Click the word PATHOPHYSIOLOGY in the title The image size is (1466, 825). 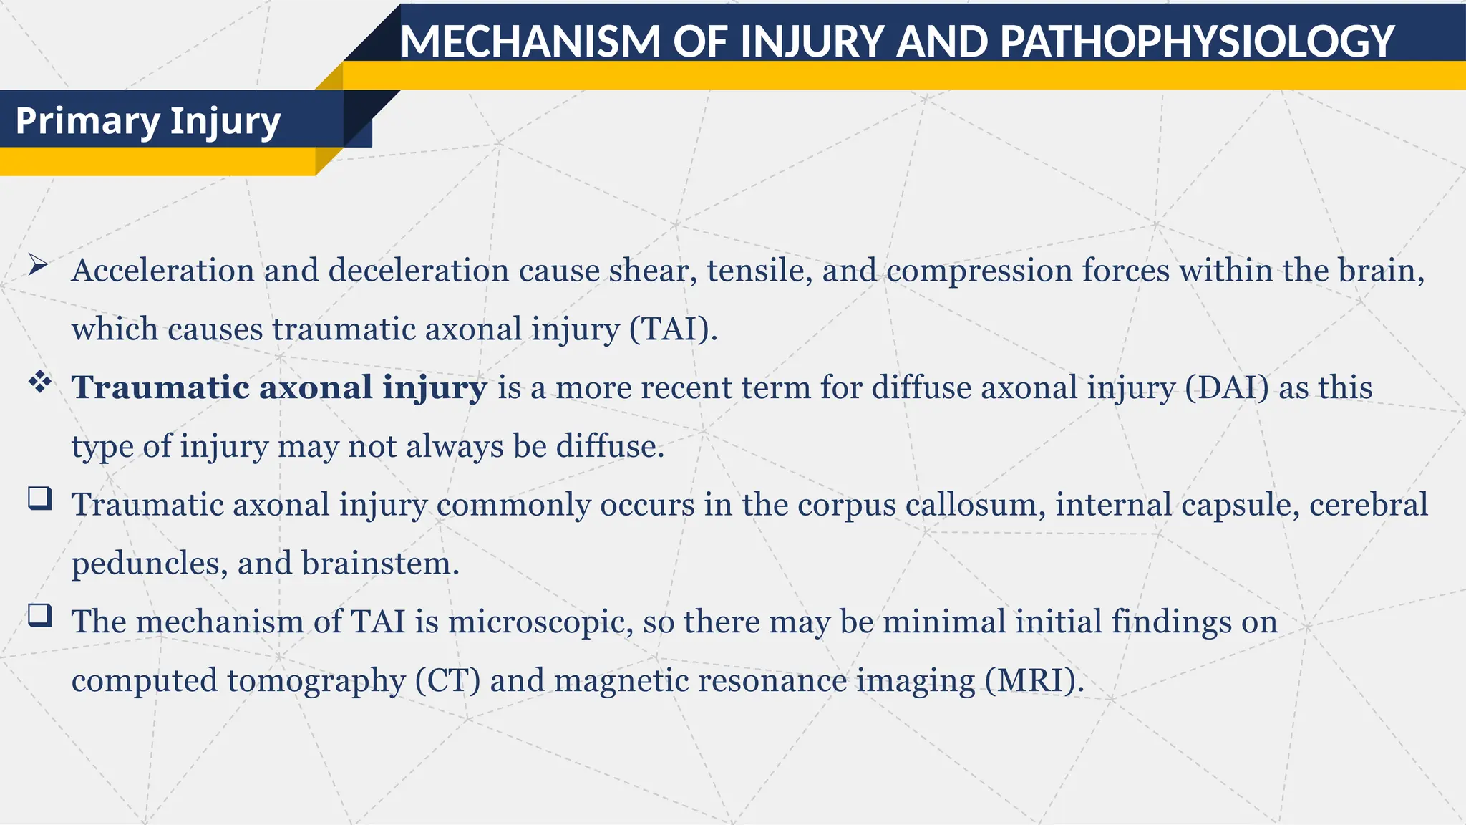coord(1197,42)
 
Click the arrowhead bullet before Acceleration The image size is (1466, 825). coord(38,266)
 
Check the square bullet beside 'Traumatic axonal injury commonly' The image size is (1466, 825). coord(40,498)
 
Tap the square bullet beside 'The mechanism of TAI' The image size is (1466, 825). coord(40,615)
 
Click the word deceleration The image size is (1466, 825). coord(419,271)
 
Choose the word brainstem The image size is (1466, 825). coord(380,563)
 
